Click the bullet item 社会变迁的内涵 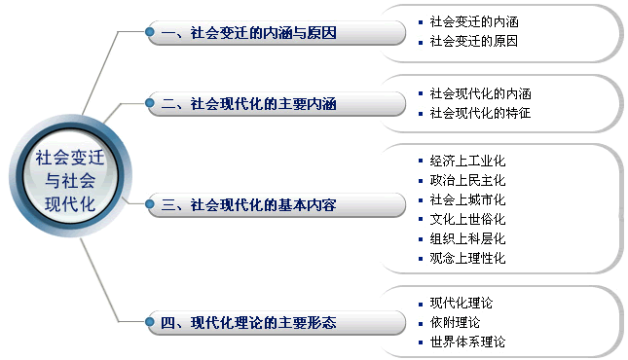pyautogui.click(x=473, y=21)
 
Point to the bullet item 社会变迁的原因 pyautogui.click(x=473, y=42)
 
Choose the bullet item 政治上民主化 pyautogui.click(x=467, y=180)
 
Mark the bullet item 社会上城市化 pyautogui.click(x=467, y=199)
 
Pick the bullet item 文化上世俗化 pyautogui.click(x=467, y=219)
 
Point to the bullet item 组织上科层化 pyautogui.click(x=467, y=238)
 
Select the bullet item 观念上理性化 pyautogui.click(x=467, y=258)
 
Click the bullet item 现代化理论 pyautogui.click(x=461, y=303)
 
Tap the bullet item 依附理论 pyautogui.click(x=455, y=322)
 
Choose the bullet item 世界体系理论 pyautogui.click(x=467, y=342)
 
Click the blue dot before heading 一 pyautogui.click(x=150, y=33)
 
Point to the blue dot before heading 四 pyautogui.click(x=150, y=322)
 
